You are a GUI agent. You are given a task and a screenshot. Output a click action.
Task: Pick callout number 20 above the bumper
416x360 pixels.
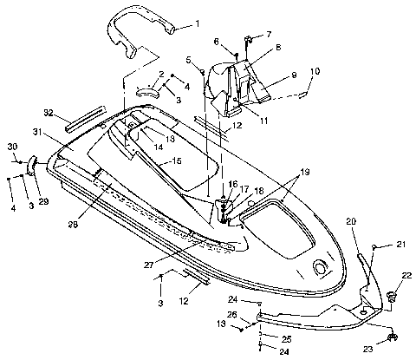[x=351, y=222]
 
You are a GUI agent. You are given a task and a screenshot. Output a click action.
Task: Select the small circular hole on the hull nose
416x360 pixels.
[x=322, y=264]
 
